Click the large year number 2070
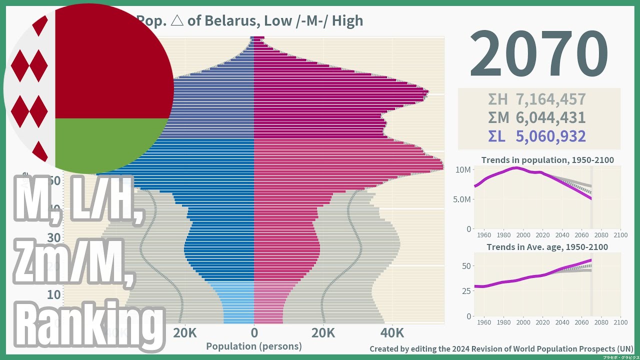click(538, 54)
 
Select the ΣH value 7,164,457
click(550, 99)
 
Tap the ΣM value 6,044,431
click(550, 117)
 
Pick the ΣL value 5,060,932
click(550, 136)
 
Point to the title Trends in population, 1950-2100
click(547, 160)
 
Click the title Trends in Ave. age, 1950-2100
click(547, 247)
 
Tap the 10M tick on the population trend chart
click(462, 170)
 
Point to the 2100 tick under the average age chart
click(620, 322)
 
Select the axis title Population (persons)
click(254, 346)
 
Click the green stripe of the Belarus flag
click(110, 145)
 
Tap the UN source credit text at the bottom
click(501, 348)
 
